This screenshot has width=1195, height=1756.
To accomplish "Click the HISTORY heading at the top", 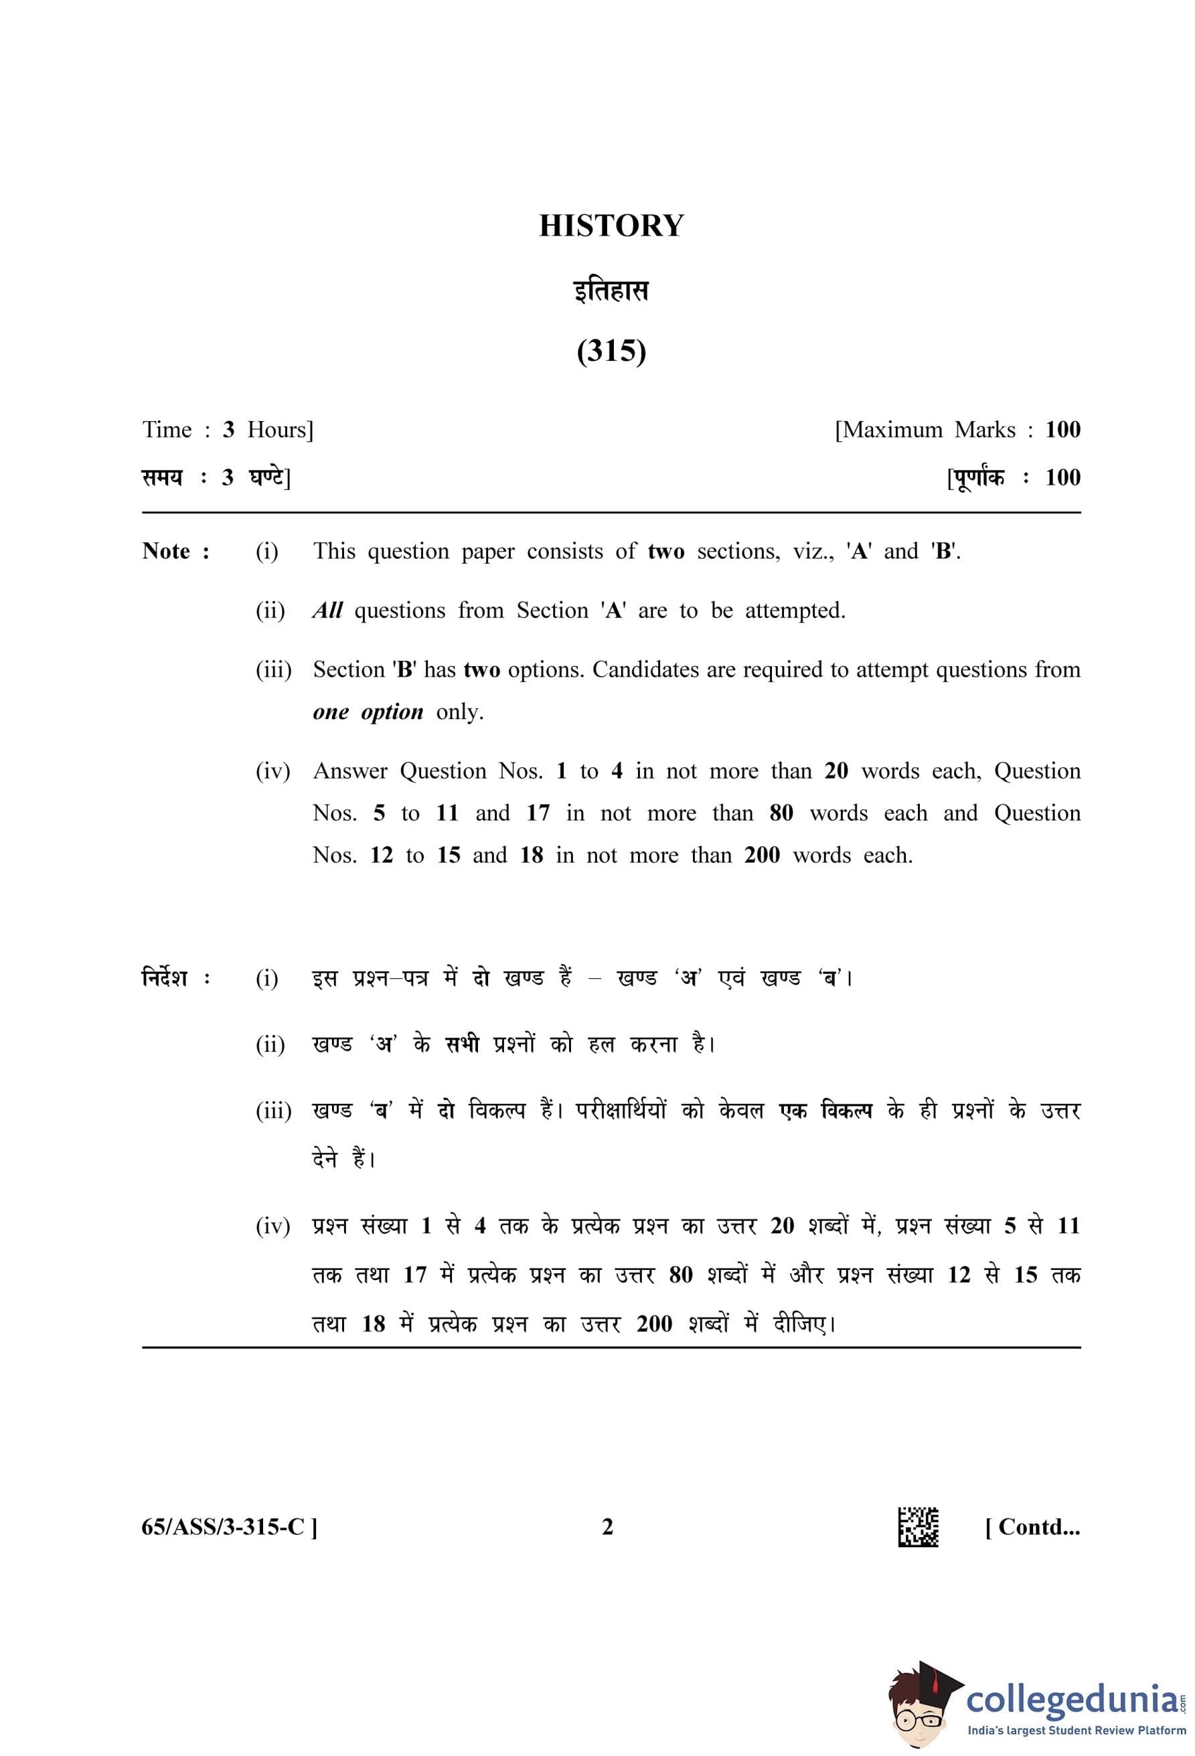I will [x=611, y=226].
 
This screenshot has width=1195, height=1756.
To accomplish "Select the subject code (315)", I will [x=611, y=351].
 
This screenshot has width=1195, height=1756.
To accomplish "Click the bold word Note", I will [x=166, y=552].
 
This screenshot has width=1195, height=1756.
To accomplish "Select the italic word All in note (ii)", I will [x=328, y=611].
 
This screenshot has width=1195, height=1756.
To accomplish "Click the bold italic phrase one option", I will [x=368, y=712].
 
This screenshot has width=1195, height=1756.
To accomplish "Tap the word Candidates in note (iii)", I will [x=646, y=669].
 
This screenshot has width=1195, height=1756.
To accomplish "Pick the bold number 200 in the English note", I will [x=761, y=856].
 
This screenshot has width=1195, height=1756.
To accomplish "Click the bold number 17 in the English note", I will [x=538, y=813].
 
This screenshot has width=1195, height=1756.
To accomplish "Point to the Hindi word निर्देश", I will [x=165, y=977].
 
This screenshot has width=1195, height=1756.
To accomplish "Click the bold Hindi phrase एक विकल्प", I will [x=825, y=1111].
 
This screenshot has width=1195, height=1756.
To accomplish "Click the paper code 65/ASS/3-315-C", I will [x=224, y=1527].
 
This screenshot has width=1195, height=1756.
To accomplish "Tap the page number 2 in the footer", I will [x=607, y=1527].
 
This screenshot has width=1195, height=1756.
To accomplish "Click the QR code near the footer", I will [x=918, y=1526].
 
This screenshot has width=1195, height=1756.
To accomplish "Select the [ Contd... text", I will [x=1032, y=1527].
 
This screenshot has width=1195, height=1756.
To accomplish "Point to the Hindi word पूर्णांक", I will [x=977, y=477].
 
